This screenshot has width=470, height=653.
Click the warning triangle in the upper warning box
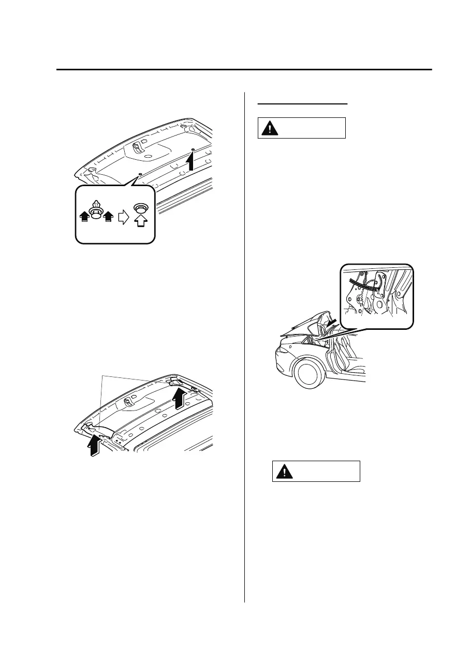click(269, 128)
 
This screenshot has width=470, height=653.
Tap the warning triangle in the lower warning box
click(284, 472)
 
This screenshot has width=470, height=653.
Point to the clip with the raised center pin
click(95, 209)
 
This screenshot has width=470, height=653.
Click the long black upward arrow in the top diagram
click(191, 162)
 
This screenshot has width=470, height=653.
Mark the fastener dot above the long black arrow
click(193, 150)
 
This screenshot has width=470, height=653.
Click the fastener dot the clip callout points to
click(140, 174)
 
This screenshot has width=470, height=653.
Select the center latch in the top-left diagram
click(136, 148)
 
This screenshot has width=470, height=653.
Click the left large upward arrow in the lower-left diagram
click(94, 444)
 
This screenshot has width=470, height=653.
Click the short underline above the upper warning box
click(302, 103)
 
